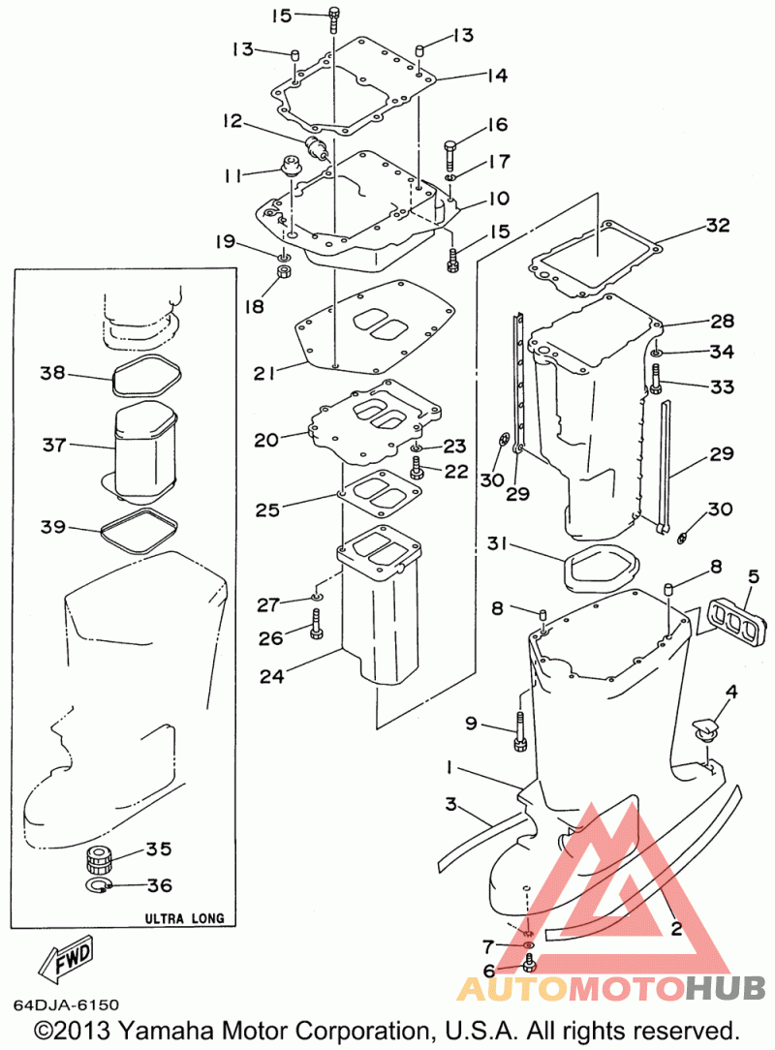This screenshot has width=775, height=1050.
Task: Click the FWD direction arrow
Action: click(66, 956)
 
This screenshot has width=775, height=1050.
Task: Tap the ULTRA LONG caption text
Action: click(185, 918)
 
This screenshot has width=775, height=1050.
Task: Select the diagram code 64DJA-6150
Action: click(66, 1005)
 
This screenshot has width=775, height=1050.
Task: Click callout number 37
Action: click(54, 444)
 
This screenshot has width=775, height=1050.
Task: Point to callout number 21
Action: click(263, 373)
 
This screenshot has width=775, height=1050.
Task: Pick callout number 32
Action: click(718, 225)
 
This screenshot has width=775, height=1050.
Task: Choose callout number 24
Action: click(271, 676)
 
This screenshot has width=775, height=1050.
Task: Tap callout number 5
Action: click(754, 576)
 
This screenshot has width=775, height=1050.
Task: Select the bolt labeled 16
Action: click(449, 154)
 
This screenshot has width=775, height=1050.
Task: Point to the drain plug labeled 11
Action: click(291, 166)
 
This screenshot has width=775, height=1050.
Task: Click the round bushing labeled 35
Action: click(100, 858)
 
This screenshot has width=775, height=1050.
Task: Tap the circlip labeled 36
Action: click(99, 886)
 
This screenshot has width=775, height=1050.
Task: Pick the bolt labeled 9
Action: click(520, 731)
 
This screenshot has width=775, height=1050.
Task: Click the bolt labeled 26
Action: click(316, 624)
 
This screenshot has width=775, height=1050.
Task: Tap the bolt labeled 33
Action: click(655, 379)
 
